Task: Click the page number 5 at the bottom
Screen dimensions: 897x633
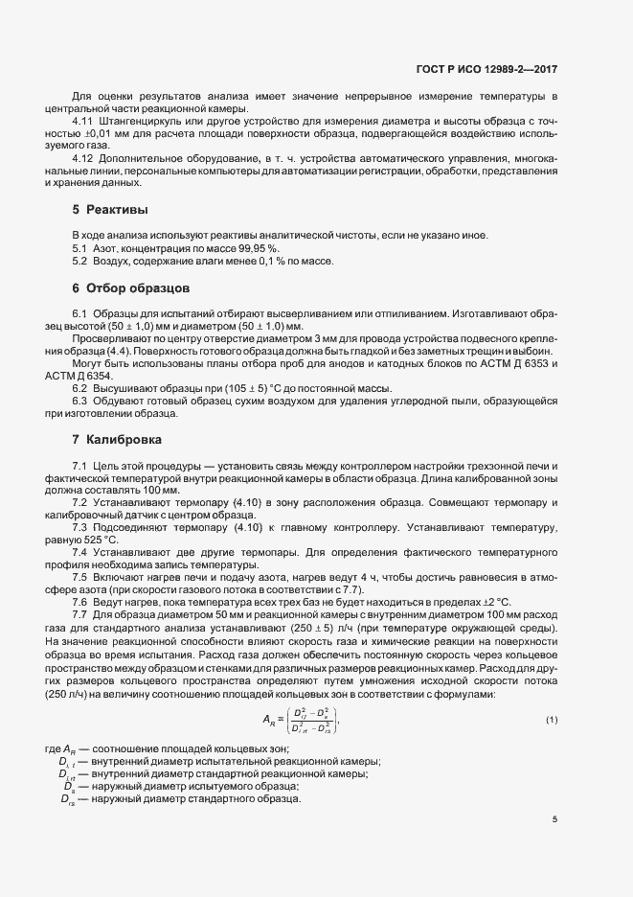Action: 554,818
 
